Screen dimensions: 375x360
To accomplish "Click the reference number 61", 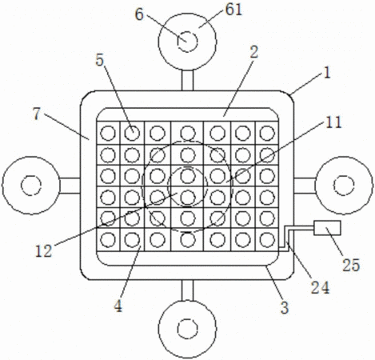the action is [233, 10].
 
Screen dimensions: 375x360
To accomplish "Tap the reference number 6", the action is [139, 14].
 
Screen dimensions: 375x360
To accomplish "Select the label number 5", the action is [99, 60].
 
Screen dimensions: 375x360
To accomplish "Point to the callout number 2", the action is [254, 52].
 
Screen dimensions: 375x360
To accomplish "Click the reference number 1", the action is [327, 73].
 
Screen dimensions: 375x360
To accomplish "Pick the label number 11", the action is [333, 122].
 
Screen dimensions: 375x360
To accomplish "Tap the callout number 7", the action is [36, 114].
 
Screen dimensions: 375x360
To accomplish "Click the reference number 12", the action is [43, 251].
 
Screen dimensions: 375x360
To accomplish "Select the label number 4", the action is [118, 306].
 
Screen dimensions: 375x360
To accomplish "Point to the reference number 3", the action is [285, 307].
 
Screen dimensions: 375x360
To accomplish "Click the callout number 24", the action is [321, 287].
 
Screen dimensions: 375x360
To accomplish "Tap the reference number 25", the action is [351, 265].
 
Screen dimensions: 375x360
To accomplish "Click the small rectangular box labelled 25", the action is [327, 228].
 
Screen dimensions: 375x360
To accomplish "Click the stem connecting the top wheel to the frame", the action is [187, 80].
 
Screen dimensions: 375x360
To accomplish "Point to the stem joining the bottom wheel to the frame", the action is [187, 290].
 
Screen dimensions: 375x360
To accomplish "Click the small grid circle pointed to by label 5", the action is [132, 133].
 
